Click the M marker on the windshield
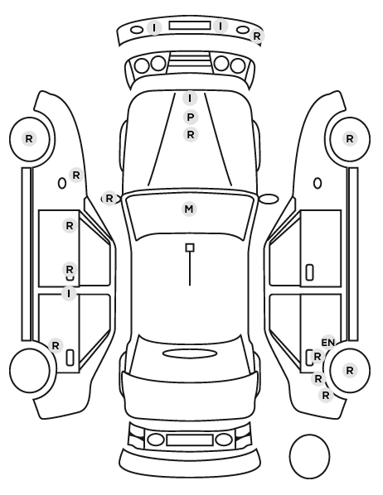click(189, 209)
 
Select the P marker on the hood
click(191, 117)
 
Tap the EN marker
click(328, 343)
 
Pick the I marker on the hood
click(190, 99)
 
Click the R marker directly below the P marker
click(191, 135)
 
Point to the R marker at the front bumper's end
click(257, 36)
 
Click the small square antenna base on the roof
click(190, 247)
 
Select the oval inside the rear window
click(190, 353)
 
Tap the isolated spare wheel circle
click(309, 456)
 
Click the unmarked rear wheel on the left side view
click(30, 370)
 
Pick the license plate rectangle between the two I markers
click(190, 26)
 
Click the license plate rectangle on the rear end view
click(190, 440)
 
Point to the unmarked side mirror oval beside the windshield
click(269, 199)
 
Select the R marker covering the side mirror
click(109, 199)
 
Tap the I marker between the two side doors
click(69, 294)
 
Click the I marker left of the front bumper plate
click(154, 28)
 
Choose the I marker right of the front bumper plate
click(221, 26)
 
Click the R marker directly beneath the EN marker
click(318, 357)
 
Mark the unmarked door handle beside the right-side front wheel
click(309, 272)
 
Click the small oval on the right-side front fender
click(318, 184)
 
